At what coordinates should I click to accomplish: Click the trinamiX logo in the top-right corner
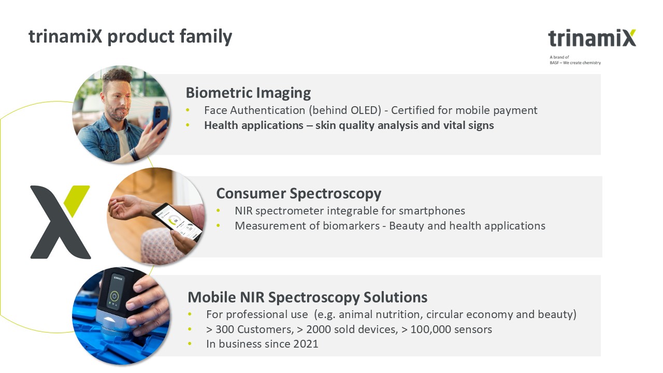point(592,38)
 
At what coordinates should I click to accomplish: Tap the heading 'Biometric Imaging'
point(248,93)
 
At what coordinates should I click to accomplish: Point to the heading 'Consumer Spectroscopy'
point(299,194)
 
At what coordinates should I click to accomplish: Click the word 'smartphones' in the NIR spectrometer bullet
point(432,211)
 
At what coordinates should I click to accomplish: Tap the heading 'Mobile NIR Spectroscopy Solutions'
point(308,297)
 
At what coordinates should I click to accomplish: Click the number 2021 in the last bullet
point(306,344)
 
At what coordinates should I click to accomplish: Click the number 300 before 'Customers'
point(225,329)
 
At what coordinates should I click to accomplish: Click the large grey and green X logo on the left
point(61,222)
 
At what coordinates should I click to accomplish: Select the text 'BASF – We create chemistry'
point(575,63)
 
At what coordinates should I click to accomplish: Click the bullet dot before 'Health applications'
point(188,125)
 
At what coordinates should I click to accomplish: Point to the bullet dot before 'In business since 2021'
point(190,344)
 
